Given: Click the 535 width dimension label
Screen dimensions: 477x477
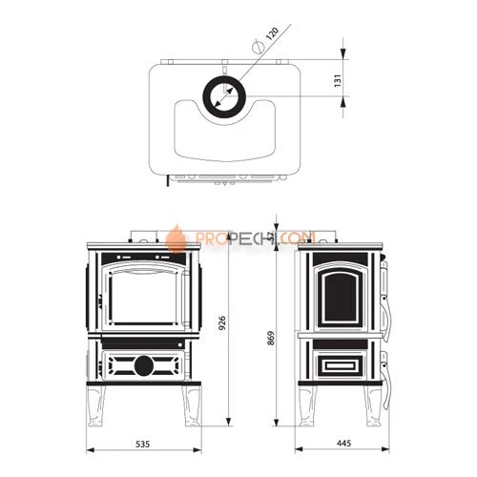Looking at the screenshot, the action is click(142, 444).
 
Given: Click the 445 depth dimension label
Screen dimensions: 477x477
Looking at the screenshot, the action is click(343, 444).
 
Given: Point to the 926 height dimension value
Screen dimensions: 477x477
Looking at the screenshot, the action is click(222, 322).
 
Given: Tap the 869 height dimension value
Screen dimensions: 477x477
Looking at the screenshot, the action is click(271, 339).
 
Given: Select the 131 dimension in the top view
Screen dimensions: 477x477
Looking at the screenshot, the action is click(338, 80).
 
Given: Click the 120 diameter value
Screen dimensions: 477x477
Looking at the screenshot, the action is click(272, 34).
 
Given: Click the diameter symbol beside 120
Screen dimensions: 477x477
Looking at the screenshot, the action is click(258, 48).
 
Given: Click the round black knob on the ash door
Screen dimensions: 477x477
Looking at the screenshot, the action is click(144, 365).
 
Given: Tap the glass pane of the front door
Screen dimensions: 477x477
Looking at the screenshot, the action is click(144, 298).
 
